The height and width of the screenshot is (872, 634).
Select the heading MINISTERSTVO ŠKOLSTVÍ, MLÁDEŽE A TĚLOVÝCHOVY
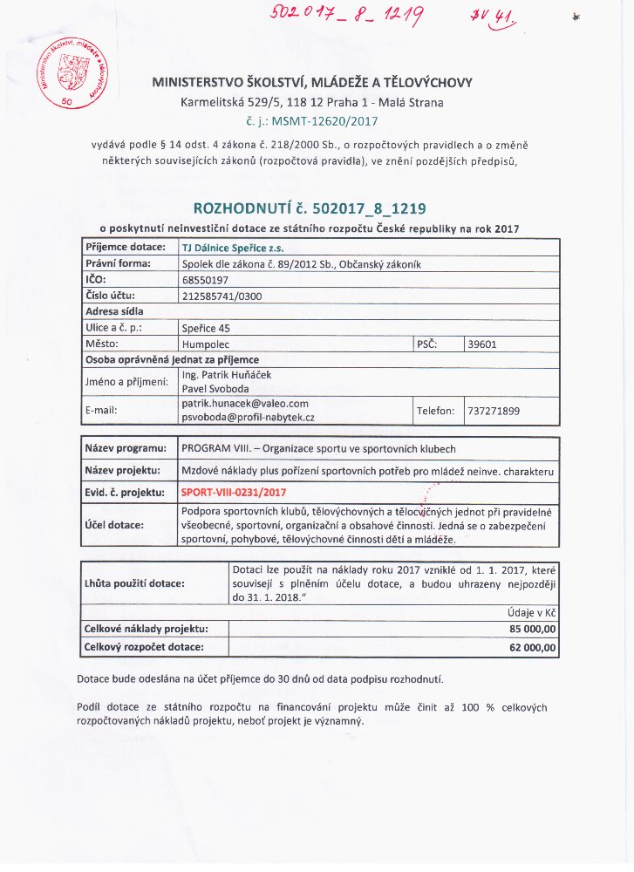tap(312, 83)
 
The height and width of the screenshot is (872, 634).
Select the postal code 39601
tap(482, 344)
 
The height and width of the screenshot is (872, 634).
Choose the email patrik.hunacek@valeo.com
tap(245, 404)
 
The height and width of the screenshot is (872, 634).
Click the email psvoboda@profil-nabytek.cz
tap(248, 419)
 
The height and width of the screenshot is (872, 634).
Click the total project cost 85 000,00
tap(532, 629)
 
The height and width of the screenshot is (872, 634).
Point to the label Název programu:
tap(125, 448)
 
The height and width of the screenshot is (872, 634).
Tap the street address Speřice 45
tap(206, 328)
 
